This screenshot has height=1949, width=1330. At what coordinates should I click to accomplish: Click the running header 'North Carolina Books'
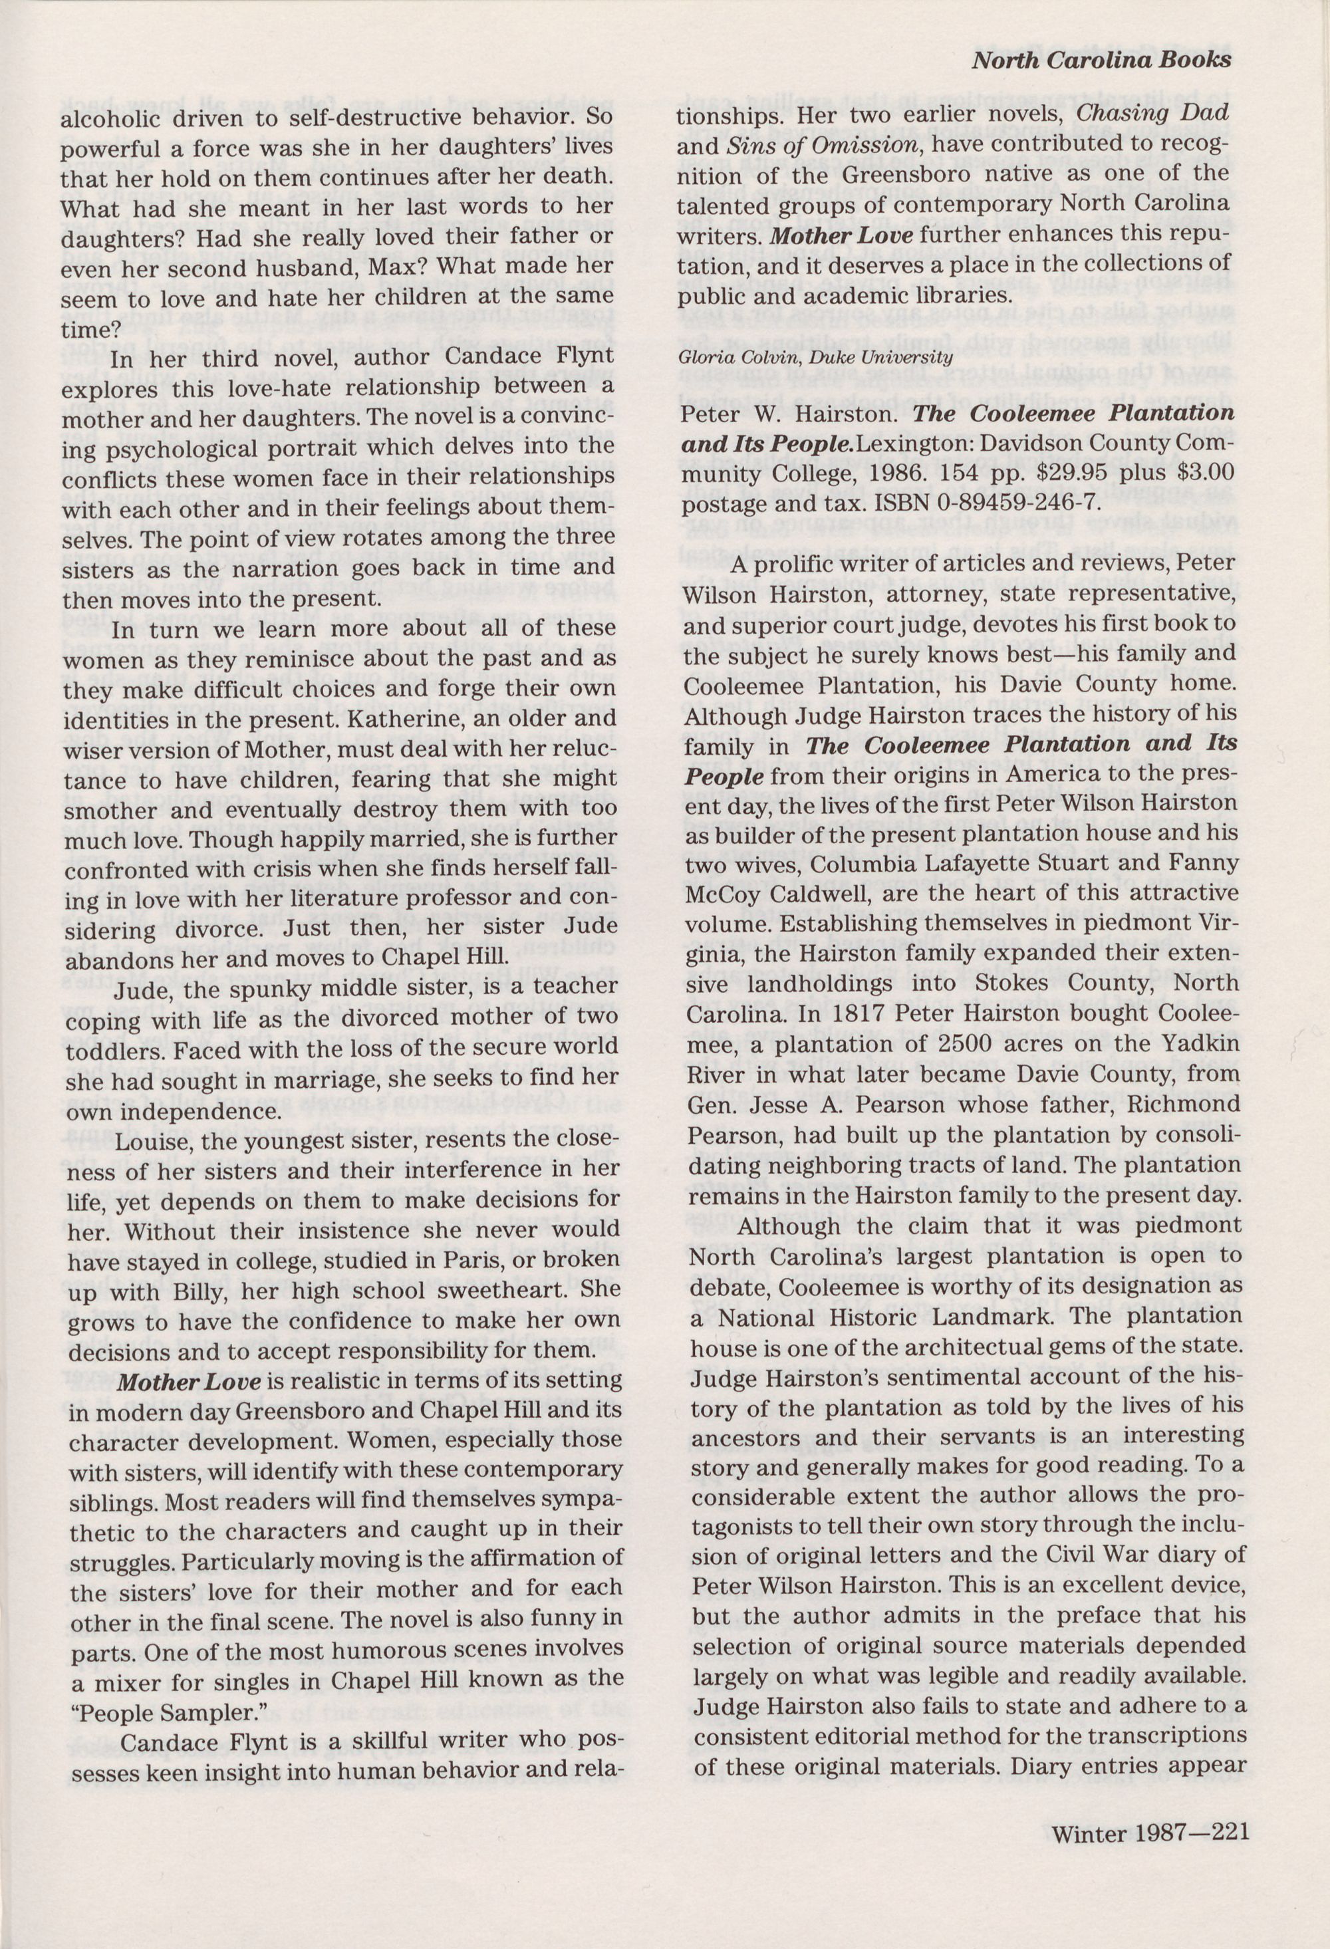(x=1101, y=60)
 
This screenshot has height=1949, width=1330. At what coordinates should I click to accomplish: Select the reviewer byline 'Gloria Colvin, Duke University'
(x=815, y=357)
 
